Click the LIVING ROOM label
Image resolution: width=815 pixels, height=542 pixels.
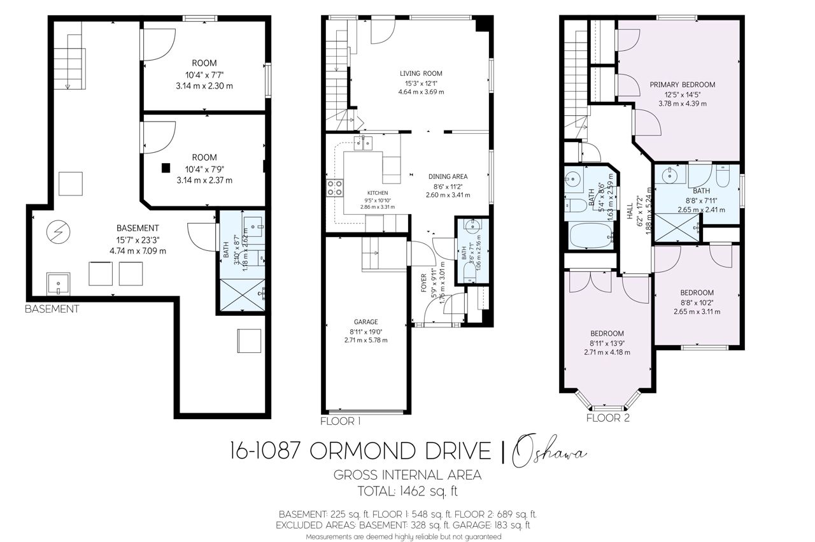[421, 73]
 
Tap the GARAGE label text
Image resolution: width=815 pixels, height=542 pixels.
[365, 322]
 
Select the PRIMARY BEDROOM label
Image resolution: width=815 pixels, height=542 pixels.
[682, 85]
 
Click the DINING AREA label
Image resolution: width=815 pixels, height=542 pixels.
[448, 176]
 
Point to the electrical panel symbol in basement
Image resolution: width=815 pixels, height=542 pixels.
[58, 231]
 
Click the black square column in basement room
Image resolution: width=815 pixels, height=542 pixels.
[166, 168]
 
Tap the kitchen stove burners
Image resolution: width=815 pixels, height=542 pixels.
[335, 188]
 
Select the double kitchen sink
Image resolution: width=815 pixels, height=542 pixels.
[363, 143]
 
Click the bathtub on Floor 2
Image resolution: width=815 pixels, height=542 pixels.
[592, 236]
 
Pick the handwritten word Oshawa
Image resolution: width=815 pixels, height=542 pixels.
[549, 451]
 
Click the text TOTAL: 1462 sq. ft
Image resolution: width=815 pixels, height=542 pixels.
[407, 491]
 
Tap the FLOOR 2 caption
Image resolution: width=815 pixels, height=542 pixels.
[607, 418]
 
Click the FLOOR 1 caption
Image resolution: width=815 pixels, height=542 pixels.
[340, 422]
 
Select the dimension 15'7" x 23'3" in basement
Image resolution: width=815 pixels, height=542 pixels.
[138, 240]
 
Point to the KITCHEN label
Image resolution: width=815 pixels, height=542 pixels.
[378, 193]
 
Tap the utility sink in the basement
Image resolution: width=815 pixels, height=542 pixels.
[58, 284]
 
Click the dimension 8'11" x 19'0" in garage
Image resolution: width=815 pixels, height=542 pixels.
[365, 331]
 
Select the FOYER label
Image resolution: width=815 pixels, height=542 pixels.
[423, 283]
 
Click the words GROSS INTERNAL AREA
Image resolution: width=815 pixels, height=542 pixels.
[407, 475]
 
